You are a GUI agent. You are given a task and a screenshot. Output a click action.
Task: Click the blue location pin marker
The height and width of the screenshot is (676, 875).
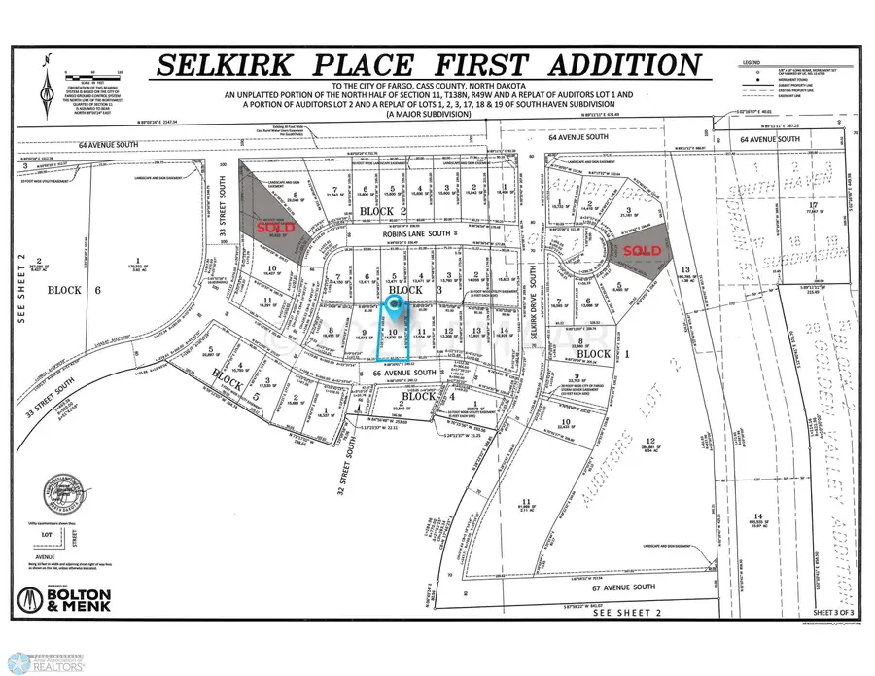[394, 306]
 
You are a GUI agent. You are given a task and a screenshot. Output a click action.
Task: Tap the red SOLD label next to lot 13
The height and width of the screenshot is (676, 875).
[643, 250]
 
